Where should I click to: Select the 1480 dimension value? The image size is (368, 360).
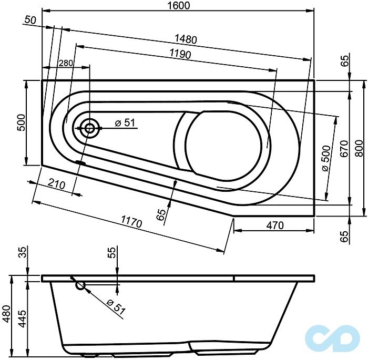point(187,39)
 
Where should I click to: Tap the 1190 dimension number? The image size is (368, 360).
point(180,54)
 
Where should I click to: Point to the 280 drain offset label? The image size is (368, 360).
point(66,63)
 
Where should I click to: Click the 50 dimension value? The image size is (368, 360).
point(30,20)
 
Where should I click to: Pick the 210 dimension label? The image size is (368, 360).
point(56,184)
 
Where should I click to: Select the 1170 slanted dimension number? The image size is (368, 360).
point(131,223)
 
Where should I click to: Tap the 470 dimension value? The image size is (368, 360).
point(273,225)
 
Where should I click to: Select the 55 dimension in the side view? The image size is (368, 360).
point(111,254)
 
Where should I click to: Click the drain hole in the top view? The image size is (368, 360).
point(89,127)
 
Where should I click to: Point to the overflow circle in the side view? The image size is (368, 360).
point(80,285)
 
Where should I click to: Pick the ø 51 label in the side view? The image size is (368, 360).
point(116,307)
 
